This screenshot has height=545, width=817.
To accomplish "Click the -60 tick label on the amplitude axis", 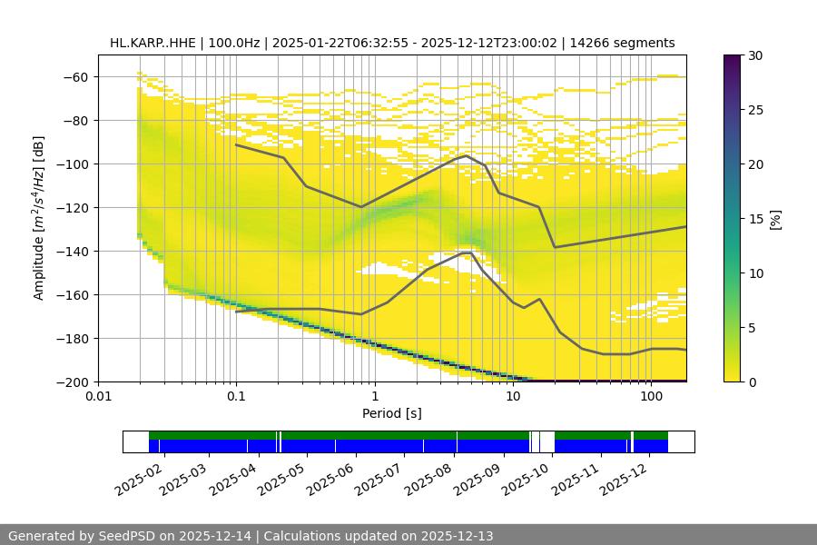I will pyautogui.click(x=74, y=77).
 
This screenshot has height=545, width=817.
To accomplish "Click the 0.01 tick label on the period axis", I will pyautogui.click(x=98, y=397).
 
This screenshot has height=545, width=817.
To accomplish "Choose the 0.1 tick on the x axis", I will pyautogui.click(x=236, y=397).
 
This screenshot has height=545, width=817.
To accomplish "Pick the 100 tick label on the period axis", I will pyautogui.click(x=651, y=397).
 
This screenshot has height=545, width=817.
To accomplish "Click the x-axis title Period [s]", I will pyautogui.click(x=392, y=413).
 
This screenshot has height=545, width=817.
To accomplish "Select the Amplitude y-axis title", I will pyautogui.click(x=39, y=218).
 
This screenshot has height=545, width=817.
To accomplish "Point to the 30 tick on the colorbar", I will pyautogui.click(x=755, y=55).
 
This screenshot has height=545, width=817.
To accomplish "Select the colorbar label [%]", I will pyautogui.click(x=776, y=219).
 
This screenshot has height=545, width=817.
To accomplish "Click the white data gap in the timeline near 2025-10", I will pyautogui.click(x=546, y=441).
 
